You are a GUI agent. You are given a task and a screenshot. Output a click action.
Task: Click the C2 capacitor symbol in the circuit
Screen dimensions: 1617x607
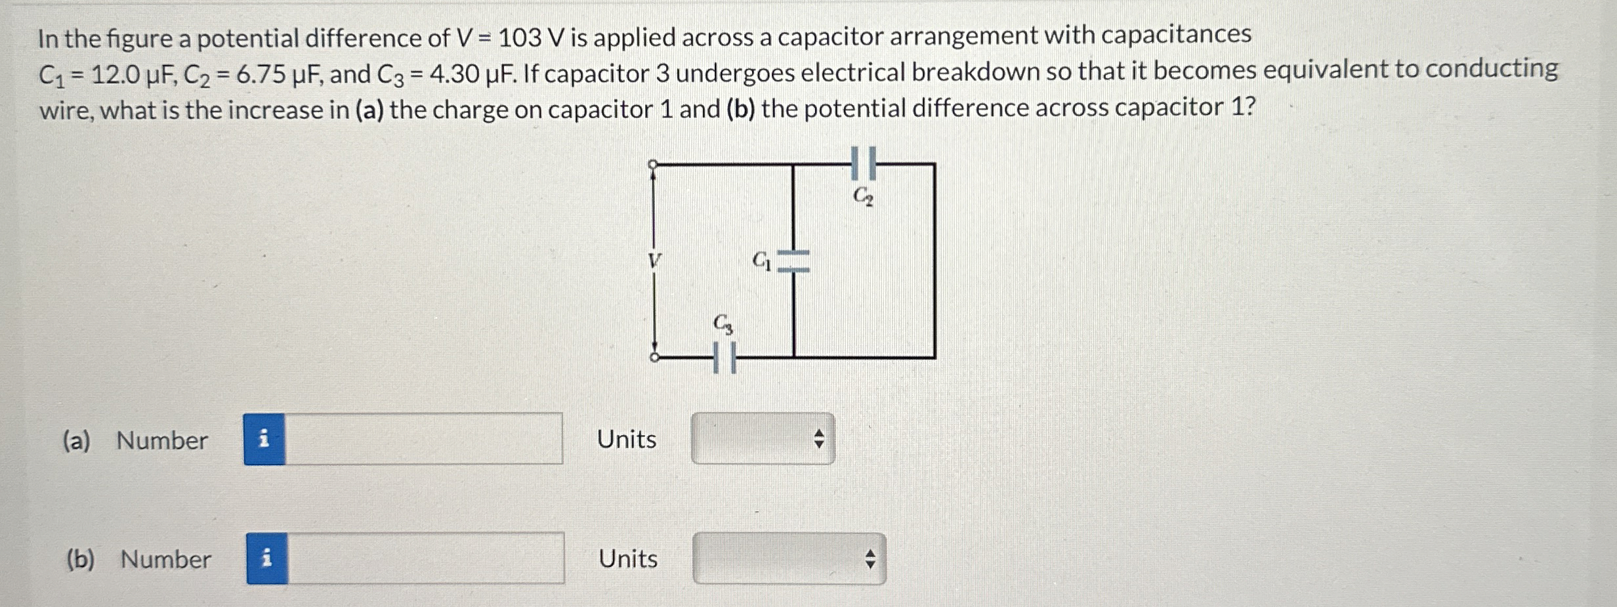coord(863,163)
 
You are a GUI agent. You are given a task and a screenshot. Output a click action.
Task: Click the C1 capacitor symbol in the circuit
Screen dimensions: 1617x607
coord(793,261)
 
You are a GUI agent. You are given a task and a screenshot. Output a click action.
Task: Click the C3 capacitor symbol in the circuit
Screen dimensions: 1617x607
coord(725,358)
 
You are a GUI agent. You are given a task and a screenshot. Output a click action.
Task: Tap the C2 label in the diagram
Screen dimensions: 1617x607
coord(863,196)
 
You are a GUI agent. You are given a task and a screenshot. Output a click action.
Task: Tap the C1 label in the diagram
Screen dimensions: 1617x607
coord(761,261)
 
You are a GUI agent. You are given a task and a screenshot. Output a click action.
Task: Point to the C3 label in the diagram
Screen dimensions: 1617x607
coord(723,324)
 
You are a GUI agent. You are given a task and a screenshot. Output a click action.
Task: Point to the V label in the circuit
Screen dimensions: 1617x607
coord(654,261)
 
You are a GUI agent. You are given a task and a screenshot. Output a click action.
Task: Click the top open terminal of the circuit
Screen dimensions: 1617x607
coord(653,164)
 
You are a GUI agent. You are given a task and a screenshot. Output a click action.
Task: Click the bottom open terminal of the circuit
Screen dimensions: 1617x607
coord(654,357)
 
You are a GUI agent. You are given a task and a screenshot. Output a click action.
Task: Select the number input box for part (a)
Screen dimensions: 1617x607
coord(423,439)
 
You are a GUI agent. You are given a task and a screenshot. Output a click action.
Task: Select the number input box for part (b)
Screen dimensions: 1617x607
coord(425,558)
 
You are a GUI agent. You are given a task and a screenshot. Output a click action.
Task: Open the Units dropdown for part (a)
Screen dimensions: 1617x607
coord(763,438)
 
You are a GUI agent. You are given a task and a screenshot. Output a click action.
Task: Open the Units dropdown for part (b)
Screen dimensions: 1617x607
coord(789,558)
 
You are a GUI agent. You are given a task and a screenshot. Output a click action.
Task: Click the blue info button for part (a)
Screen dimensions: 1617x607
coord(264,439)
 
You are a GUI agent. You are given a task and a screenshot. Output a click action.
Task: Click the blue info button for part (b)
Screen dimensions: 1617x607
coord(266,558)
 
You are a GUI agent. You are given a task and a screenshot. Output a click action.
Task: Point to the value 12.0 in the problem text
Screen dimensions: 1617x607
coord(115,75)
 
